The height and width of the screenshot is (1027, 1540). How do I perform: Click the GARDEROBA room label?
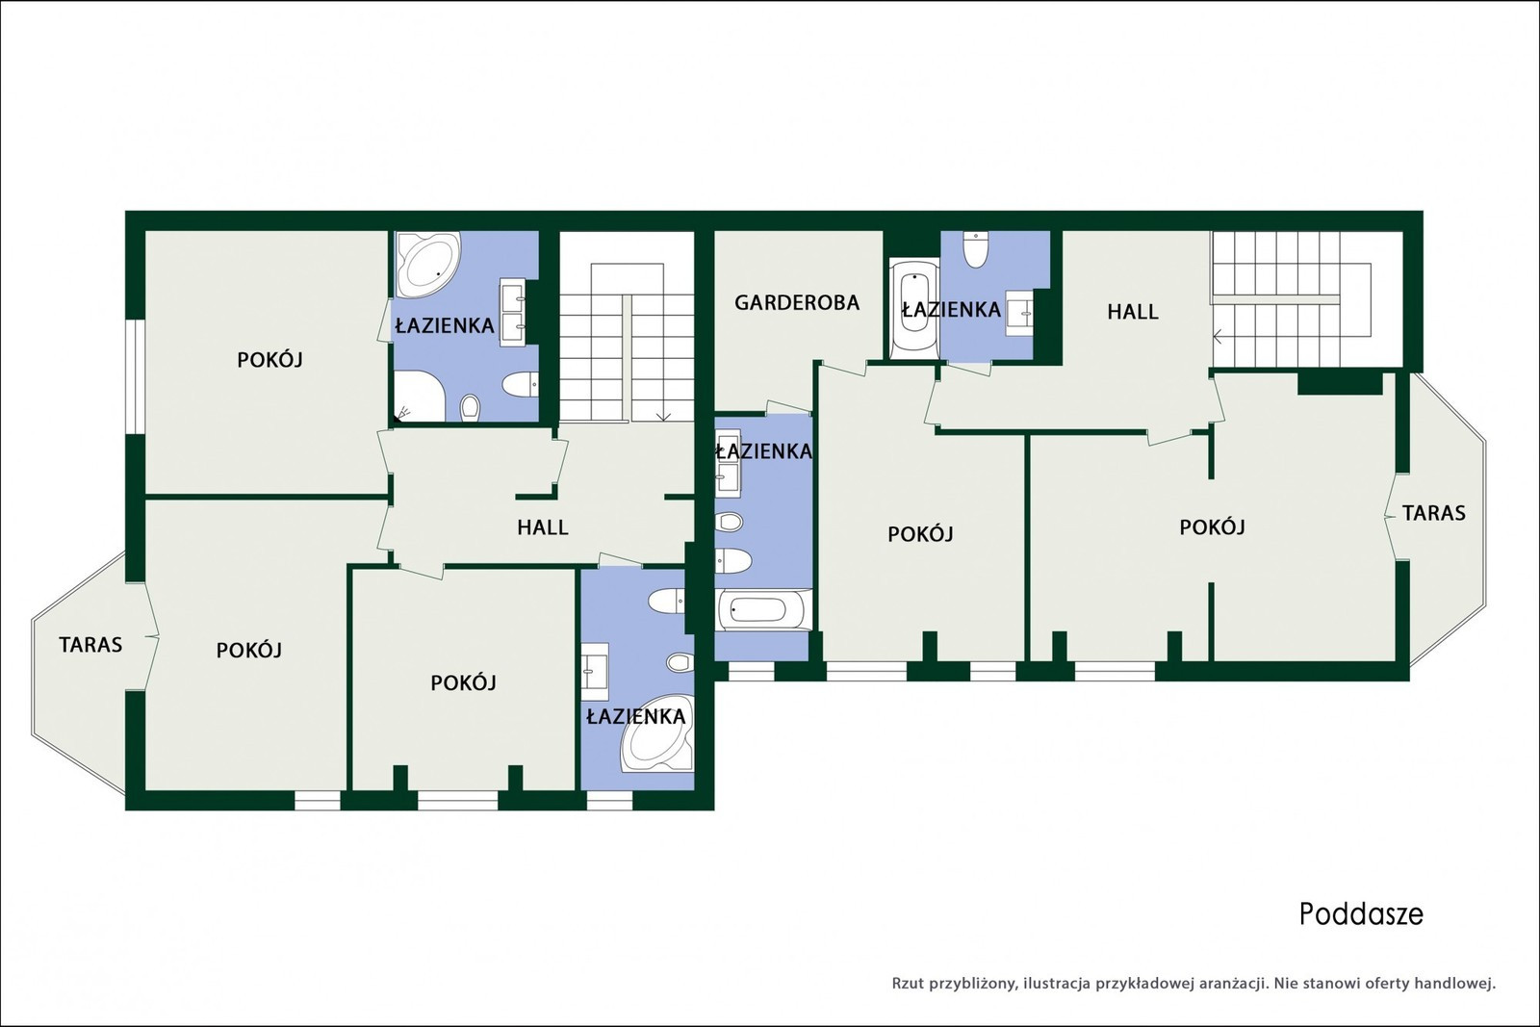(797, 302)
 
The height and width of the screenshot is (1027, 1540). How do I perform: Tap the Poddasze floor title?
(1361, 914)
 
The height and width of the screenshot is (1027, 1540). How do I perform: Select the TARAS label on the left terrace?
(90, 645)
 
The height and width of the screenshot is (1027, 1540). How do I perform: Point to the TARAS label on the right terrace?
(1433, 513)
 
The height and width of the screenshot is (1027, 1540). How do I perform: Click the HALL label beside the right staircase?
(1132, 312)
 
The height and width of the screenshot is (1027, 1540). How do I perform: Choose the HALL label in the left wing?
(543, 527)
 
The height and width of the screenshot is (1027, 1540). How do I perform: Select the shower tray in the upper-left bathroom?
(419, 397)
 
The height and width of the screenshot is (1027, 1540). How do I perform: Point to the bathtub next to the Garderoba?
(914, 308)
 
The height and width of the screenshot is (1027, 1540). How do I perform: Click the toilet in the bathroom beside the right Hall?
(976, 249)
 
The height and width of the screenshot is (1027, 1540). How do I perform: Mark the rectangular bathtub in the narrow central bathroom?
(763, 609)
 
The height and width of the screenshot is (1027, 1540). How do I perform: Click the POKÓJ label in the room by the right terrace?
(1212, 527)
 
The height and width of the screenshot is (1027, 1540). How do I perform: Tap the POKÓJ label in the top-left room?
(269, 360)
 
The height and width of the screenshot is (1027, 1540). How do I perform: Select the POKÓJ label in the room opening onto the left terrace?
(249, 651)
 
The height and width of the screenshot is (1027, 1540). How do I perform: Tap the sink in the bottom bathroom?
(595, 671)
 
